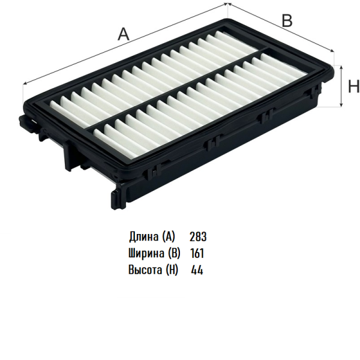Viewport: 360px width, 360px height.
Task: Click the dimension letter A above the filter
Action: pos(124,34)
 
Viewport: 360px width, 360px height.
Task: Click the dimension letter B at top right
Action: pos(287,20)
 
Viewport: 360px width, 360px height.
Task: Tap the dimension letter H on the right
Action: pos(354,86)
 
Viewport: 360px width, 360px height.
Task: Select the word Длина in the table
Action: pos(143,237)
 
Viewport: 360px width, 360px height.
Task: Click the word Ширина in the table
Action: pos(146,253)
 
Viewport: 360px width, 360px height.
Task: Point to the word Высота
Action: pos(145,269)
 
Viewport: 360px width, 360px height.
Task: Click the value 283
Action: pos(198,237)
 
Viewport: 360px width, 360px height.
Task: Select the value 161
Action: pos(197,253)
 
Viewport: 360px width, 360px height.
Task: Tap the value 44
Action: pos(197,270)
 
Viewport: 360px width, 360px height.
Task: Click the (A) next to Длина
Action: pos(169,237)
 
